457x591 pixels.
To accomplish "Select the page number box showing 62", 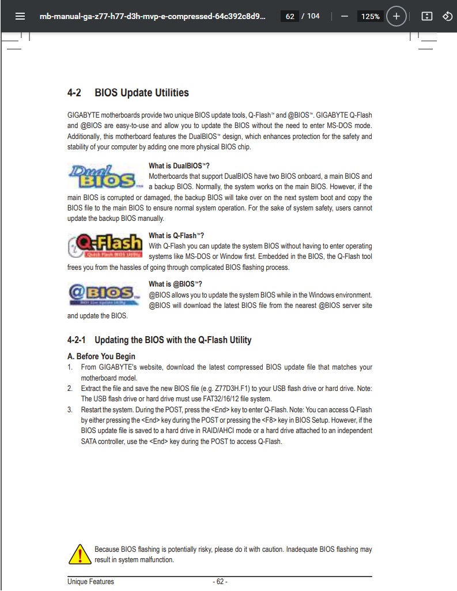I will pyautogui.click(x=290, y=16).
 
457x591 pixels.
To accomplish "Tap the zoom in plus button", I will pyautogui.click(x=396, y=16).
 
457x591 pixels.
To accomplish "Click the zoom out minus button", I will pyautogui.click(x=345, y=16).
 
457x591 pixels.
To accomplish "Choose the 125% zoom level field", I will pyautogui.click(x=370, y=16).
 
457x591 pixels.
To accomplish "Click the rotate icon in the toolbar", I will pyautogui.click(x=447, y=16).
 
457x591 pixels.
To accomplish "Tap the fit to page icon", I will pyautogui.click(x=426, y=16).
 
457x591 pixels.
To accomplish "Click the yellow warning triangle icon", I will pyautogui.click(x=77, y=555).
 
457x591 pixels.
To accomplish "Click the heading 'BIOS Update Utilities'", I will pyautogui.click(x=141, y=93).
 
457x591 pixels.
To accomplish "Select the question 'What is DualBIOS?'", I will pyautogui.click(x=179, y=166).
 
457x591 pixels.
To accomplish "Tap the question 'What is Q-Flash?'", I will pyautogui.click(x=176, y=236).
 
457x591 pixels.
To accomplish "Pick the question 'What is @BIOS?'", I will pyautogui.click(x=175, y=284).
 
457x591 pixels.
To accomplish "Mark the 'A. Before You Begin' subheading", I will pyautogui.click(x=101, y=356).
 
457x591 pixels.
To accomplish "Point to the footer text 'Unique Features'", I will pyautogui.click(x=90, y=581).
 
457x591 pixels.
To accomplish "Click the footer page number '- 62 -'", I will pyautogui.click(x=220, y=581).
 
